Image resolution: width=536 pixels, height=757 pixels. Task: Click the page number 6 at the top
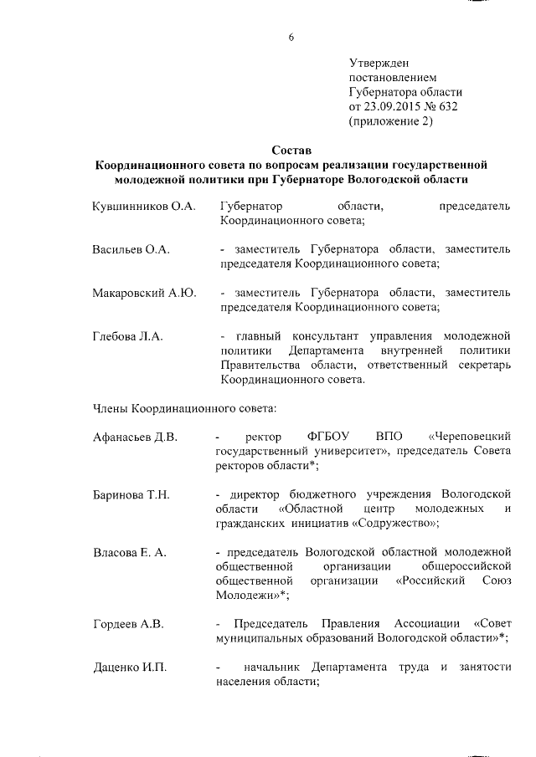(290, 38)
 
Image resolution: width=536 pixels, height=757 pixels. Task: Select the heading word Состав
(290, 150)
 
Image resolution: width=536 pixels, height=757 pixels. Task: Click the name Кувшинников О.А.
(143, 206)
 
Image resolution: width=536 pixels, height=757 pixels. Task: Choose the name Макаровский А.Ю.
(143, 293)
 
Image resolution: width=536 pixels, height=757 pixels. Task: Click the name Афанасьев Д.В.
(135, 437)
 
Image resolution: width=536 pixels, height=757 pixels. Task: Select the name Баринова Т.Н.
(131, 495)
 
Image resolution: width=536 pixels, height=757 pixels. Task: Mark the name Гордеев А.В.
(128, 624)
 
